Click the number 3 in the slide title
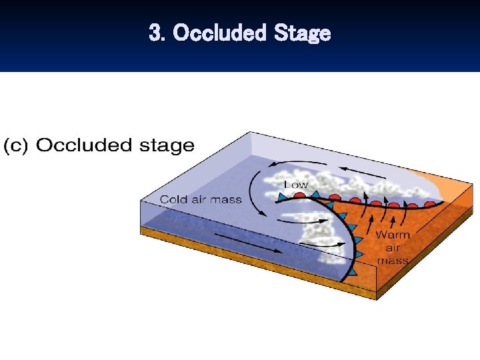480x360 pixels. (155, 33)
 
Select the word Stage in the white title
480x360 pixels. (302, 33)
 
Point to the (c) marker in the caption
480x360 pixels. (16, 146)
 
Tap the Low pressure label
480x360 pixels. (296, 183)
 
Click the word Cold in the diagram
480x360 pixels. (175, 199)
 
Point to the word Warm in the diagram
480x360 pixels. (392, 235)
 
